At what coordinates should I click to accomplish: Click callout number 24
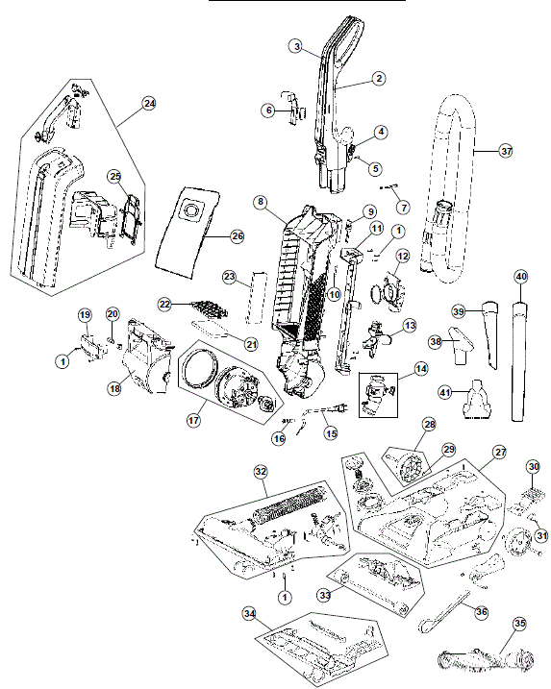(149, 103)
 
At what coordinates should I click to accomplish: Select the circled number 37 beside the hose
(507, 151)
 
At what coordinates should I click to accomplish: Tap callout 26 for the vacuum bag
(238, 236)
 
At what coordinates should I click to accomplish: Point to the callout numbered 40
(520, 277)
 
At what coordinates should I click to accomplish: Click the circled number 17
(193, 420)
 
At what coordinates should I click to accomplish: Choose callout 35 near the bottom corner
(520, 624)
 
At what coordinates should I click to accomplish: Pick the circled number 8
(261, 202)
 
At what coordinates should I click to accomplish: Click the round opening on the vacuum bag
(191, 209)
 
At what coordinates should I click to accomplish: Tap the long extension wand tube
(520, 360)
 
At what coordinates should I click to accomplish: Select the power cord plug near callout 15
(340, 408)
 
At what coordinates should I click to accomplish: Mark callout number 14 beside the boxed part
(421, 368)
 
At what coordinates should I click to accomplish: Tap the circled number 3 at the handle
(297, 46)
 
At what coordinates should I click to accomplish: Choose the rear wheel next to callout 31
(515, 541)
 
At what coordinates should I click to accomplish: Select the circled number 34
(250, 614)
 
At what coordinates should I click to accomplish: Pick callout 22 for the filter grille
(164, 304)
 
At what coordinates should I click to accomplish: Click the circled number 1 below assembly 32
(285, 597)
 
